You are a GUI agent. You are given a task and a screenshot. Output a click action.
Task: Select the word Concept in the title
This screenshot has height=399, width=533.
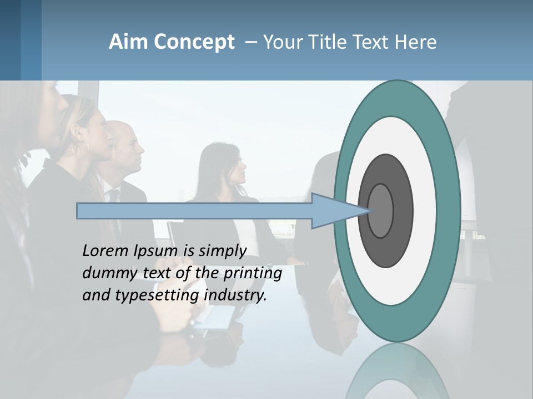pos(194,42)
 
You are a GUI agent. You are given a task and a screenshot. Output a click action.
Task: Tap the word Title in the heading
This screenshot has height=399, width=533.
pos(327,42)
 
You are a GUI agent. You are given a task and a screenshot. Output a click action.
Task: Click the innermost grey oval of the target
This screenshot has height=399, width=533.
pos(381,211)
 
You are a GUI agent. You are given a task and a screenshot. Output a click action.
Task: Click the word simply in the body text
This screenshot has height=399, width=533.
pos(222,252)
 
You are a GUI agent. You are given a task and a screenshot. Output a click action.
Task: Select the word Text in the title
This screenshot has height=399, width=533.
pos(371,42)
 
